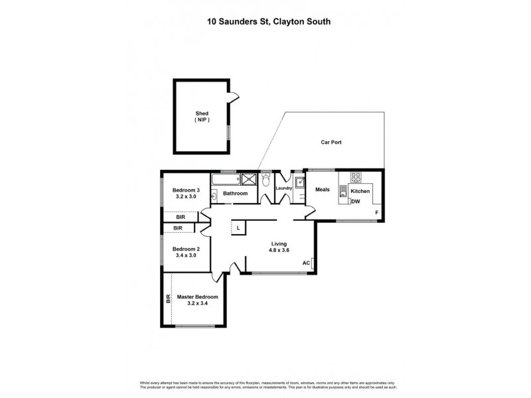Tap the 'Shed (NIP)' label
pyautogui.click(x=202, y=117)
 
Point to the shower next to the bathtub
pyautogui.click(x=248, y=178)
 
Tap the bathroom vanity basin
pyautogui.click(x=215, y=195)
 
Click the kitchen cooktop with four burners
pyautogui.click(x=356, y=178)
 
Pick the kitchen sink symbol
pyautogui.click(x=343, y=192)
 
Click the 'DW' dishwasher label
pyautogui.click(x=355, y=202)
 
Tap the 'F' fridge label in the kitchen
pyautogui.click(x=376, y=212)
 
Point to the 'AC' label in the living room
pyautogui.click(x=306, y=263)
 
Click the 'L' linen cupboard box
pyautogui.click(x=238, y=228)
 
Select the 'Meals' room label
pyautogui.click(x=323, y=190)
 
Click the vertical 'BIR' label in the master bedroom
pyautogui.click(x=168, y=299)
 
